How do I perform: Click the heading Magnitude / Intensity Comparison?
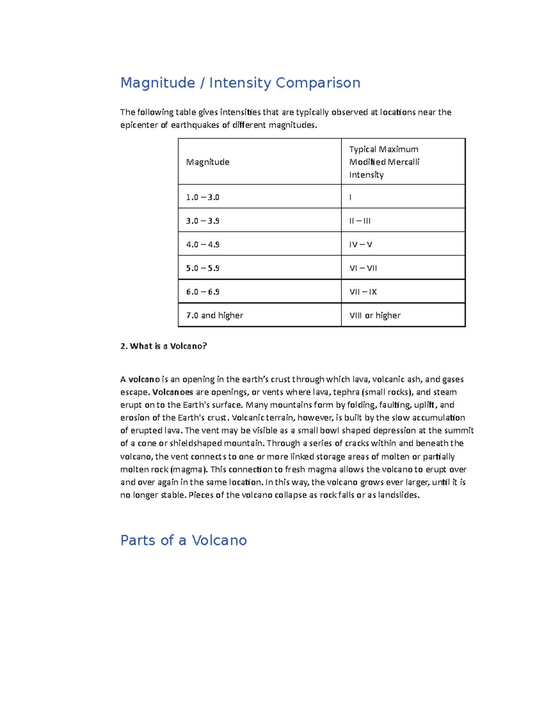pyautogui.click(x=240, y=83)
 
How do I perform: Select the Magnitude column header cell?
pyautogui.click(x=208, y=162)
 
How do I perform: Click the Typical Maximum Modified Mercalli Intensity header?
pyautogui.click(x=384, y=162)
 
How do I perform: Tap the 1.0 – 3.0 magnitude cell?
pyautogui.click(x=203, y=197)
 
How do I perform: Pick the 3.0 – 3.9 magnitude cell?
pyautogui.click(x=203, y=221)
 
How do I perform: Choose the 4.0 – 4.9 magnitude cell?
pyautogui.click(x=203, y=244)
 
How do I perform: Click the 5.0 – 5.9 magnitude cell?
pyautogui.click(x=203, y=268)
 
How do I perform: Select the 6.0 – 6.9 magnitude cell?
pyautogui.click(x=203, y=292)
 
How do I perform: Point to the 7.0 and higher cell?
pyautogui.click(x=214, y=316)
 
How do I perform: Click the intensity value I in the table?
pyautogui.click(x=350, y=197)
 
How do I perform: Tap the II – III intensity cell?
pyautogui.click(x=360, y=221)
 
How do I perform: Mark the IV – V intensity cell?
pyautogui.click(x=360, y=244)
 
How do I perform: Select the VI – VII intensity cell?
pyautogui.click(x=363, y=268)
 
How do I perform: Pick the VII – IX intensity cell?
pyautogui.click(x=363, y=292)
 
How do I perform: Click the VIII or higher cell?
pyautogui.click(x=375, y=316)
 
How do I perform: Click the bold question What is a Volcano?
pyautogui.click(x=164, y=346)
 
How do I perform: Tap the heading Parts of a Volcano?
pyautogui.click(x=184, y=540)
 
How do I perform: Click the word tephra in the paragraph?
pyautogui.click(x=346, y=392)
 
